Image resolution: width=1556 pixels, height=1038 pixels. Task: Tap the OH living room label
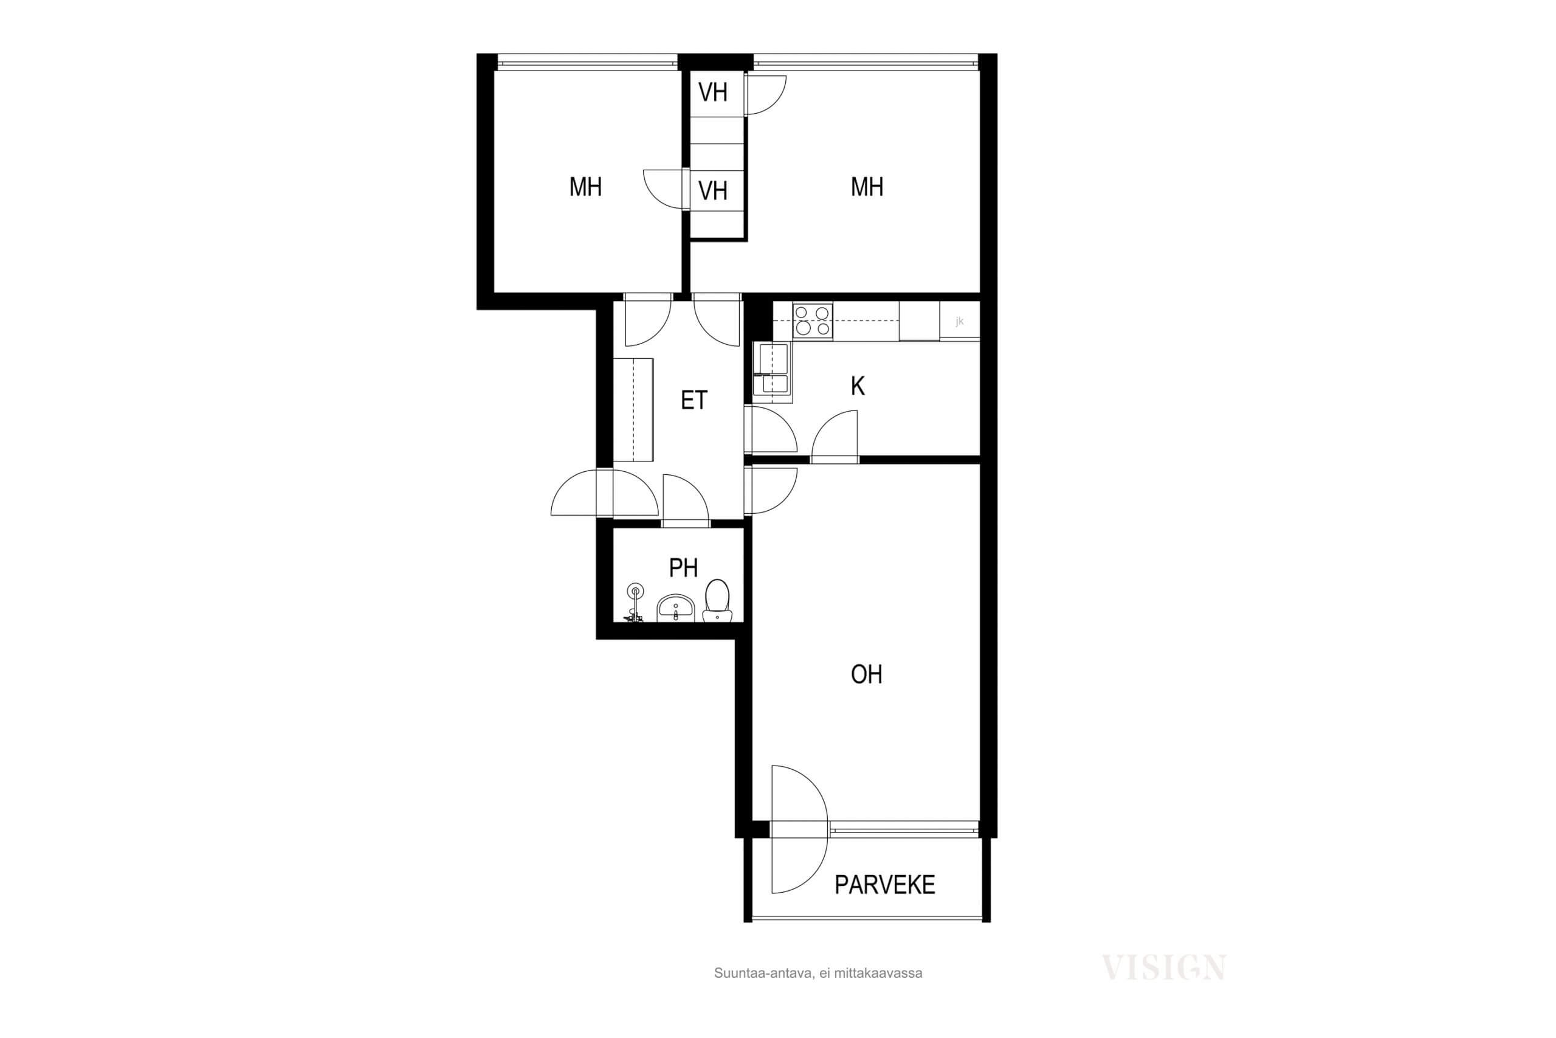866,674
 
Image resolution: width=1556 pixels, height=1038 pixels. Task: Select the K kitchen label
858,386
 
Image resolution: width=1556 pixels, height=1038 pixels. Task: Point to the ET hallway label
694,400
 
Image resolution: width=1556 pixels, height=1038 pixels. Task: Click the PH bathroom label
683,567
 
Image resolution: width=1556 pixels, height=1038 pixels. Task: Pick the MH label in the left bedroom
585,187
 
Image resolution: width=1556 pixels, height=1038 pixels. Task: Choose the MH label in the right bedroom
867,187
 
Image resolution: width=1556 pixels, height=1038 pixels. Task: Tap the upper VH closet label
713,92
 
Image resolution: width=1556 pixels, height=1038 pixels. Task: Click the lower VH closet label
713,191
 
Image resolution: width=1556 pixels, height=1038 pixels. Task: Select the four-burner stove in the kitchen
813,320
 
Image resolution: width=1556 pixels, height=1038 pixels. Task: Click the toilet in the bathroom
717,600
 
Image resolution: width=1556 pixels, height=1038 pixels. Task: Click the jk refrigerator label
959,322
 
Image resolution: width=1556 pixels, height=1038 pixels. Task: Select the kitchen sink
773,373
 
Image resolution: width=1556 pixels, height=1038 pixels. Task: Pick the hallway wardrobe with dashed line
633,409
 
